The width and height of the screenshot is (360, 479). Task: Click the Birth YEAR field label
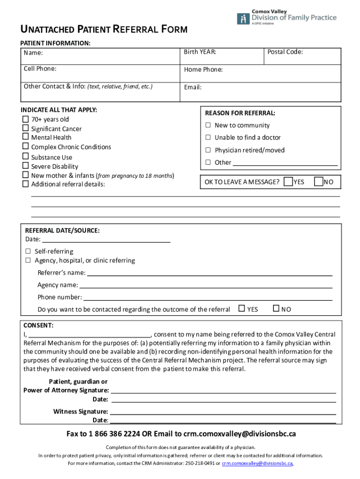[x=200, y=52]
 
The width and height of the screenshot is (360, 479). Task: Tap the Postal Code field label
[x=285, y=52]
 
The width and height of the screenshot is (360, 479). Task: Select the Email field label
[x=193, y=87]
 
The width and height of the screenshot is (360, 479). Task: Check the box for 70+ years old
[x=25, y=119]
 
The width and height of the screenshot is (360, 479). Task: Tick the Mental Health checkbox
[x=25, y=137]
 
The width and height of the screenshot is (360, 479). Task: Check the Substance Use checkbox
[x=25, y=157]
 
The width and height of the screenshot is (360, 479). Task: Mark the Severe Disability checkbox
[x=25, y=166]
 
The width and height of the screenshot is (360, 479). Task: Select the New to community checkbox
[x=209, y=125]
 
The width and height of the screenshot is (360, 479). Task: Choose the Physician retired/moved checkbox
[x=209, y=150]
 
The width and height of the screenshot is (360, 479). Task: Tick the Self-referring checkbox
[x=28, y=251]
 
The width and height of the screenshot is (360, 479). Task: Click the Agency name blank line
[x=205, y=285]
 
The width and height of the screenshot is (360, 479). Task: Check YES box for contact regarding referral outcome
[x=242, y=309]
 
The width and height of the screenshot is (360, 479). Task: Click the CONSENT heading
[x=38, y=325]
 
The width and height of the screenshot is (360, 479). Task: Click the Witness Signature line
[x=223, y=412]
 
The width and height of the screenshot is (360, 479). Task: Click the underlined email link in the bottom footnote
[x=257, y=463]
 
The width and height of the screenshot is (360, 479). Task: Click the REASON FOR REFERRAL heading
[x=240, y=113]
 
